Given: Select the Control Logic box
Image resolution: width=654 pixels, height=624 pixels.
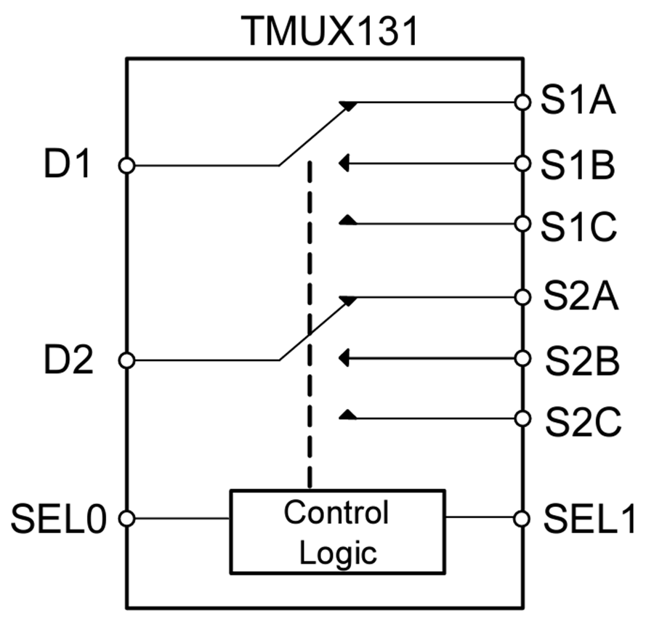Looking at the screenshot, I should pos(336,532).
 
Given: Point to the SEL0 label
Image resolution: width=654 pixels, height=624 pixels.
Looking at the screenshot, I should pos(58,519).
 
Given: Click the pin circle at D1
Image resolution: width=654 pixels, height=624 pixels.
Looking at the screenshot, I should pos(126,166).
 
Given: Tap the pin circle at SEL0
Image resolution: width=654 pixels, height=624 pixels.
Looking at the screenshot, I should pos(126,519).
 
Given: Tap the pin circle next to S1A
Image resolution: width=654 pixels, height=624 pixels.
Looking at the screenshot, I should pos(522,102).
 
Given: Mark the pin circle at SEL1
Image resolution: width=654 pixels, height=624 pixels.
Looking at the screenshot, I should pos(522,518).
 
